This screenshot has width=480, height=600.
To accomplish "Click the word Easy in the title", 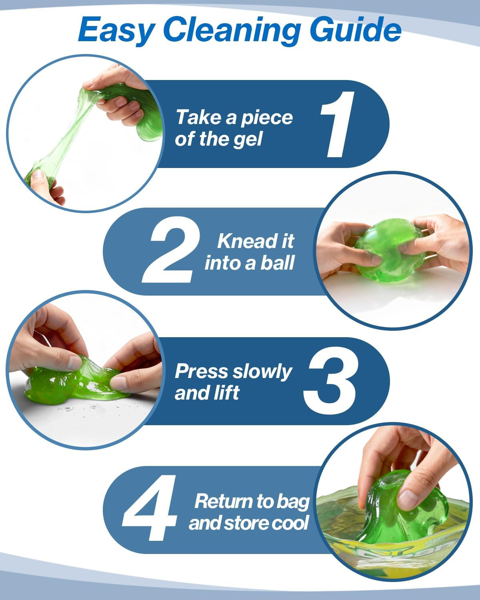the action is (x=117, y=30).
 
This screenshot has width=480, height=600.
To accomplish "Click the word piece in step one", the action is (x=267, y=118).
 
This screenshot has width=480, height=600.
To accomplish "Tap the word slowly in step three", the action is (x=262, y=372).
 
